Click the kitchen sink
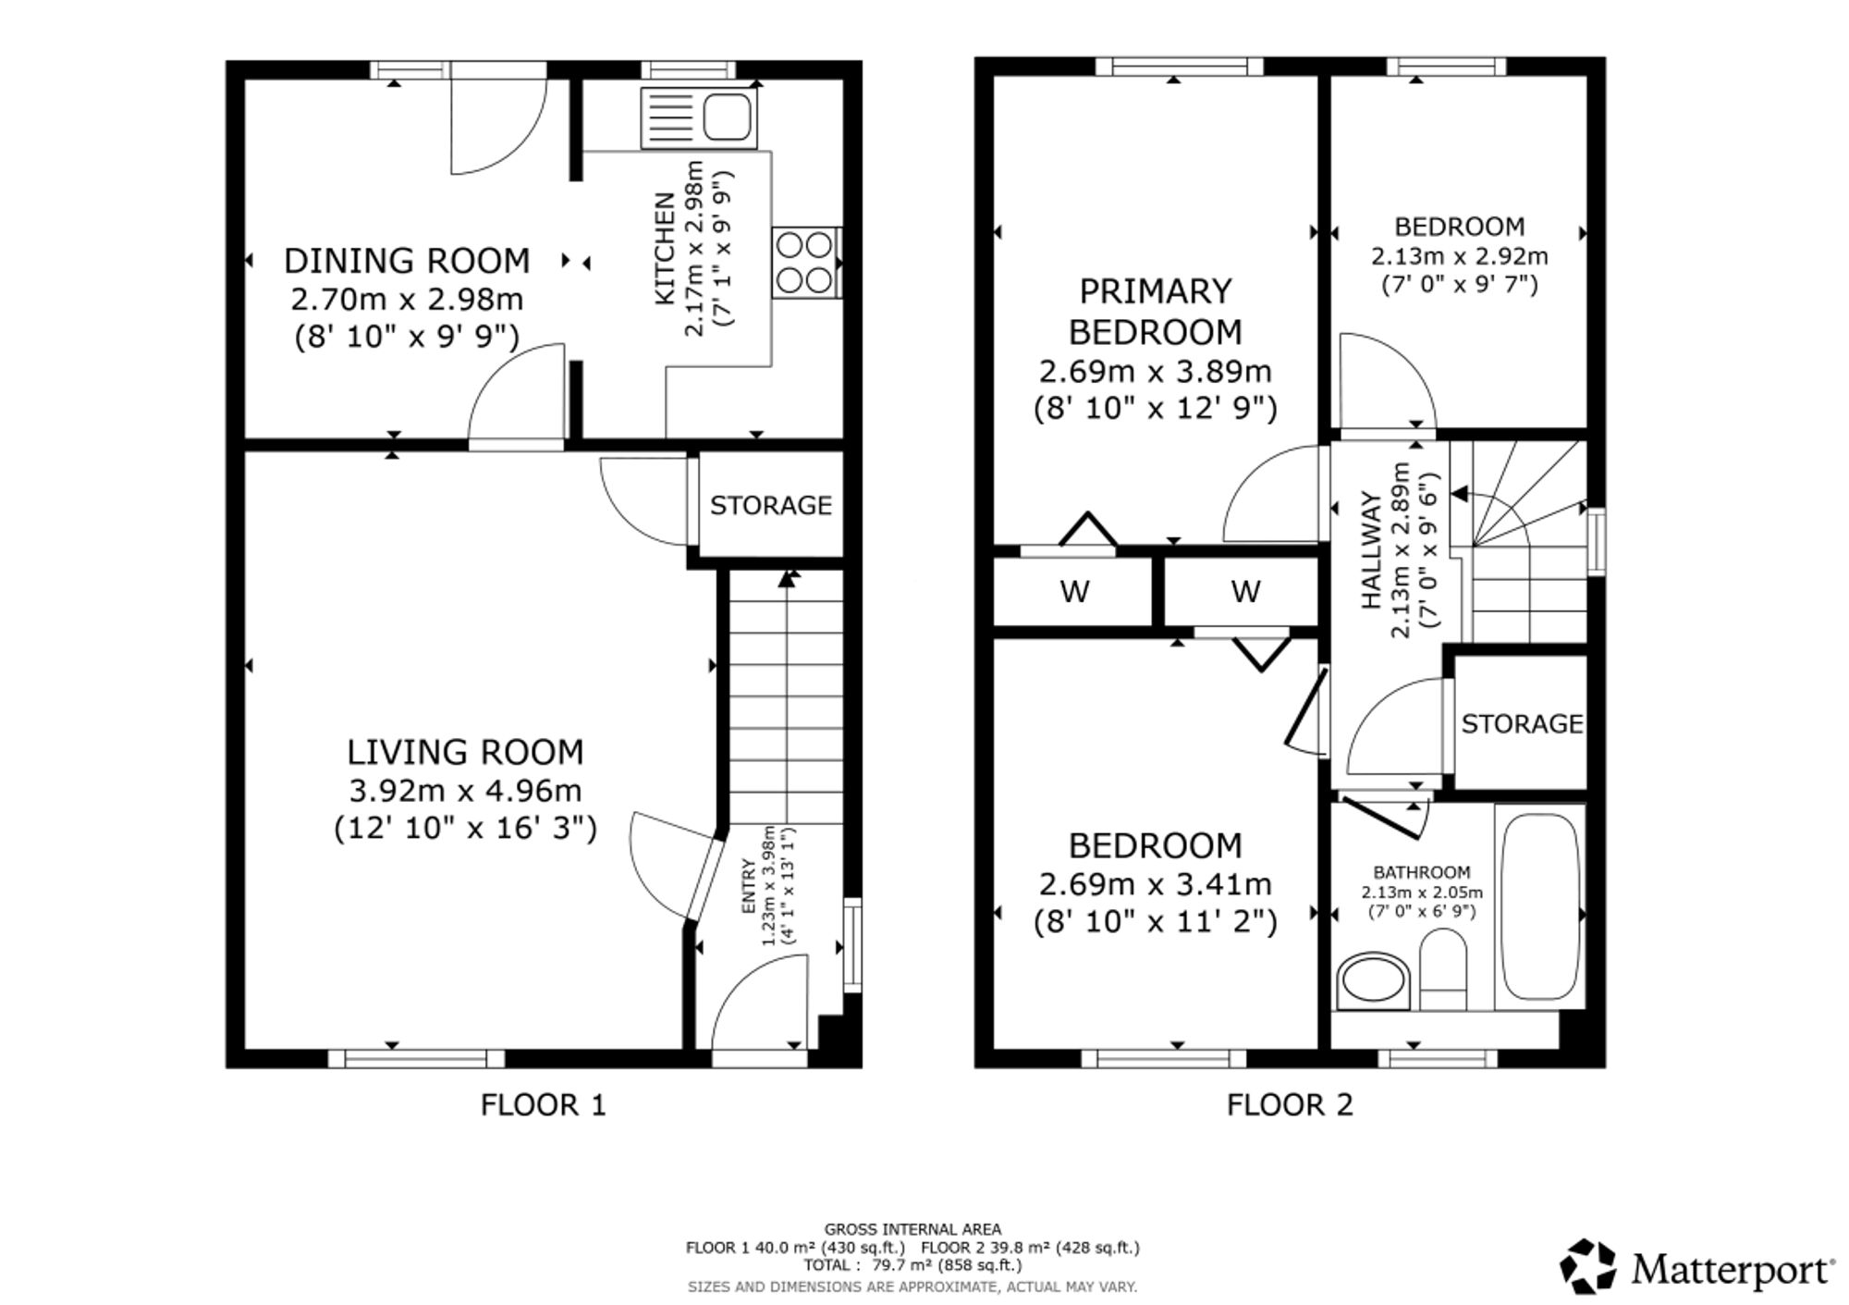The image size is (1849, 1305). click(x=698, y=117)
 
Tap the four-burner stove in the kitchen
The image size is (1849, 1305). click(x=806, y=263)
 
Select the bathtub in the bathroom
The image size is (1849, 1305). click(x=1537, y=906)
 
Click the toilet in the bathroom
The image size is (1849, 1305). click(x=1443, y=967)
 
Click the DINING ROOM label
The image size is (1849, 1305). click(x=407, y=261)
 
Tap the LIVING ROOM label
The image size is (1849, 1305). click(x=465, y=752)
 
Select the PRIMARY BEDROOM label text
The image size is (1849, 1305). click(x=1156, y=311)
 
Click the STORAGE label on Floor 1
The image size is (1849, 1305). click(x=771, y=505)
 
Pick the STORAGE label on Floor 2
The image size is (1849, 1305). click(x=1522, y=723)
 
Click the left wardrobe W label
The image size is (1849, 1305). click(x=1074, y=591)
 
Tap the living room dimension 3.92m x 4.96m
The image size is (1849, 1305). click(x=465, y=791)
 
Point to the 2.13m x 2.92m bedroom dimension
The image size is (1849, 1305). click(x=1459, y=256)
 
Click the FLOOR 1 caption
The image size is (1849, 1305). click(x=543, y=1104)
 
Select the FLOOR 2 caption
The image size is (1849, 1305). click(x=1290, y=1104)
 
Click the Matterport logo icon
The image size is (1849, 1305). click(x=1588, y=1266)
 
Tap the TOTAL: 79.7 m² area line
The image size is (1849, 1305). click(x=912, y=1265)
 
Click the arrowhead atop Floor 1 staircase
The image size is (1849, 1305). click(x=788, y=579)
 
